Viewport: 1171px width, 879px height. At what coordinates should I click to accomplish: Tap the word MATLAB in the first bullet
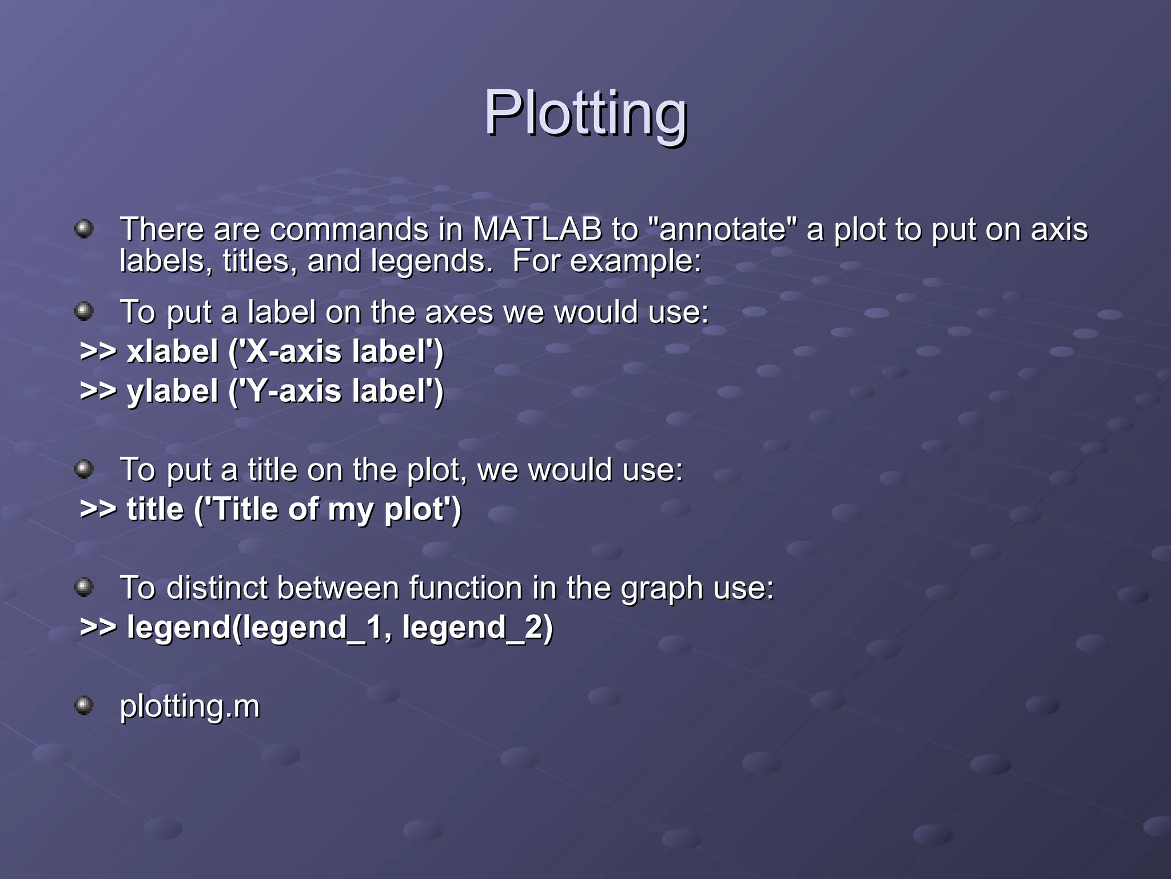click(537, 229)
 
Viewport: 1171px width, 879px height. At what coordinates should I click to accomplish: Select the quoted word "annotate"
click(723, 229)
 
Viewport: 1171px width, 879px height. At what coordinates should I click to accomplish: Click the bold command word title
click(156, 509)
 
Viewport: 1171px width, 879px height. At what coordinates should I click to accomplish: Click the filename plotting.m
click(189, 706)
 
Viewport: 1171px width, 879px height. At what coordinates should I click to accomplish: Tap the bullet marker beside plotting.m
click(84, 705)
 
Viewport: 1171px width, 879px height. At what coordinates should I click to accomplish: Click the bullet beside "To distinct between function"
click(84, 587)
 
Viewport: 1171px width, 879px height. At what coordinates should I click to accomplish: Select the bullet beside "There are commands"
click(84, 228)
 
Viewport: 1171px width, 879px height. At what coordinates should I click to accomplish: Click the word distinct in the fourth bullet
click(217, 588)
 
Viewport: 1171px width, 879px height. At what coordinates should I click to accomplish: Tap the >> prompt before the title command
click(98, 509)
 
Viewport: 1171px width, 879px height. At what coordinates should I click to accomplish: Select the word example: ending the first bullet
click(635, 262)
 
